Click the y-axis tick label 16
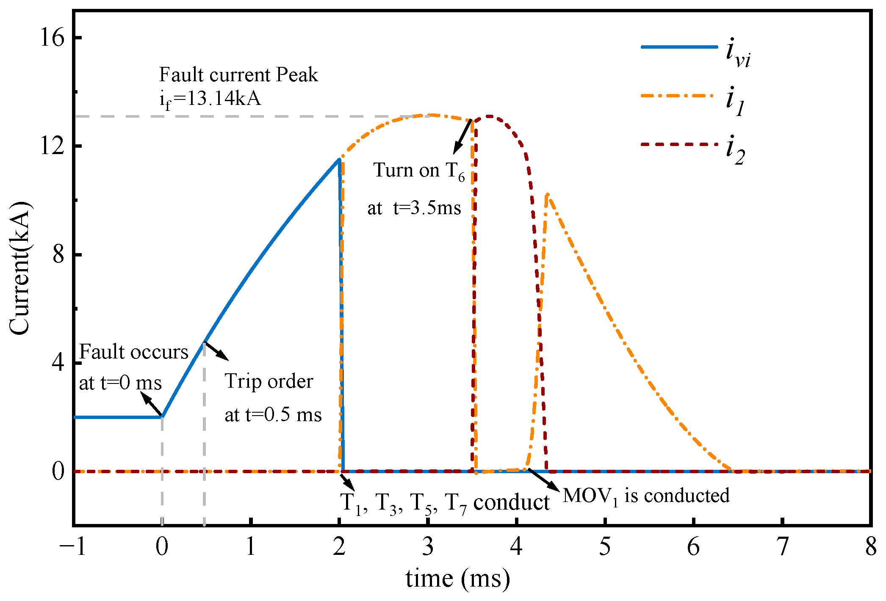[x=52, y=38]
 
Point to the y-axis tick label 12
[x=52, y=146]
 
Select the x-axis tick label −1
[x=73, y=547]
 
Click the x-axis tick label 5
[x=605, y=547]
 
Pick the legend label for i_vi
[x=738, y=53]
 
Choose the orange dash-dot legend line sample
[x=679, y=96]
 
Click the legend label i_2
[x=735, y=150]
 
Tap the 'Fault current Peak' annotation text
[x=238, y=75]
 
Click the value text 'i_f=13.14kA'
[x=210, y=99]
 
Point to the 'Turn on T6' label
[x=419, y=171]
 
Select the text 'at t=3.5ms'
[x=414, y=208]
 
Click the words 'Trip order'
[x=269, y=381]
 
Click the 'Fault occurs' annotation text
[x=133, y=352]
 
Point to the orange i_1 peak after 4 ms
[x=547, y=195]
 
